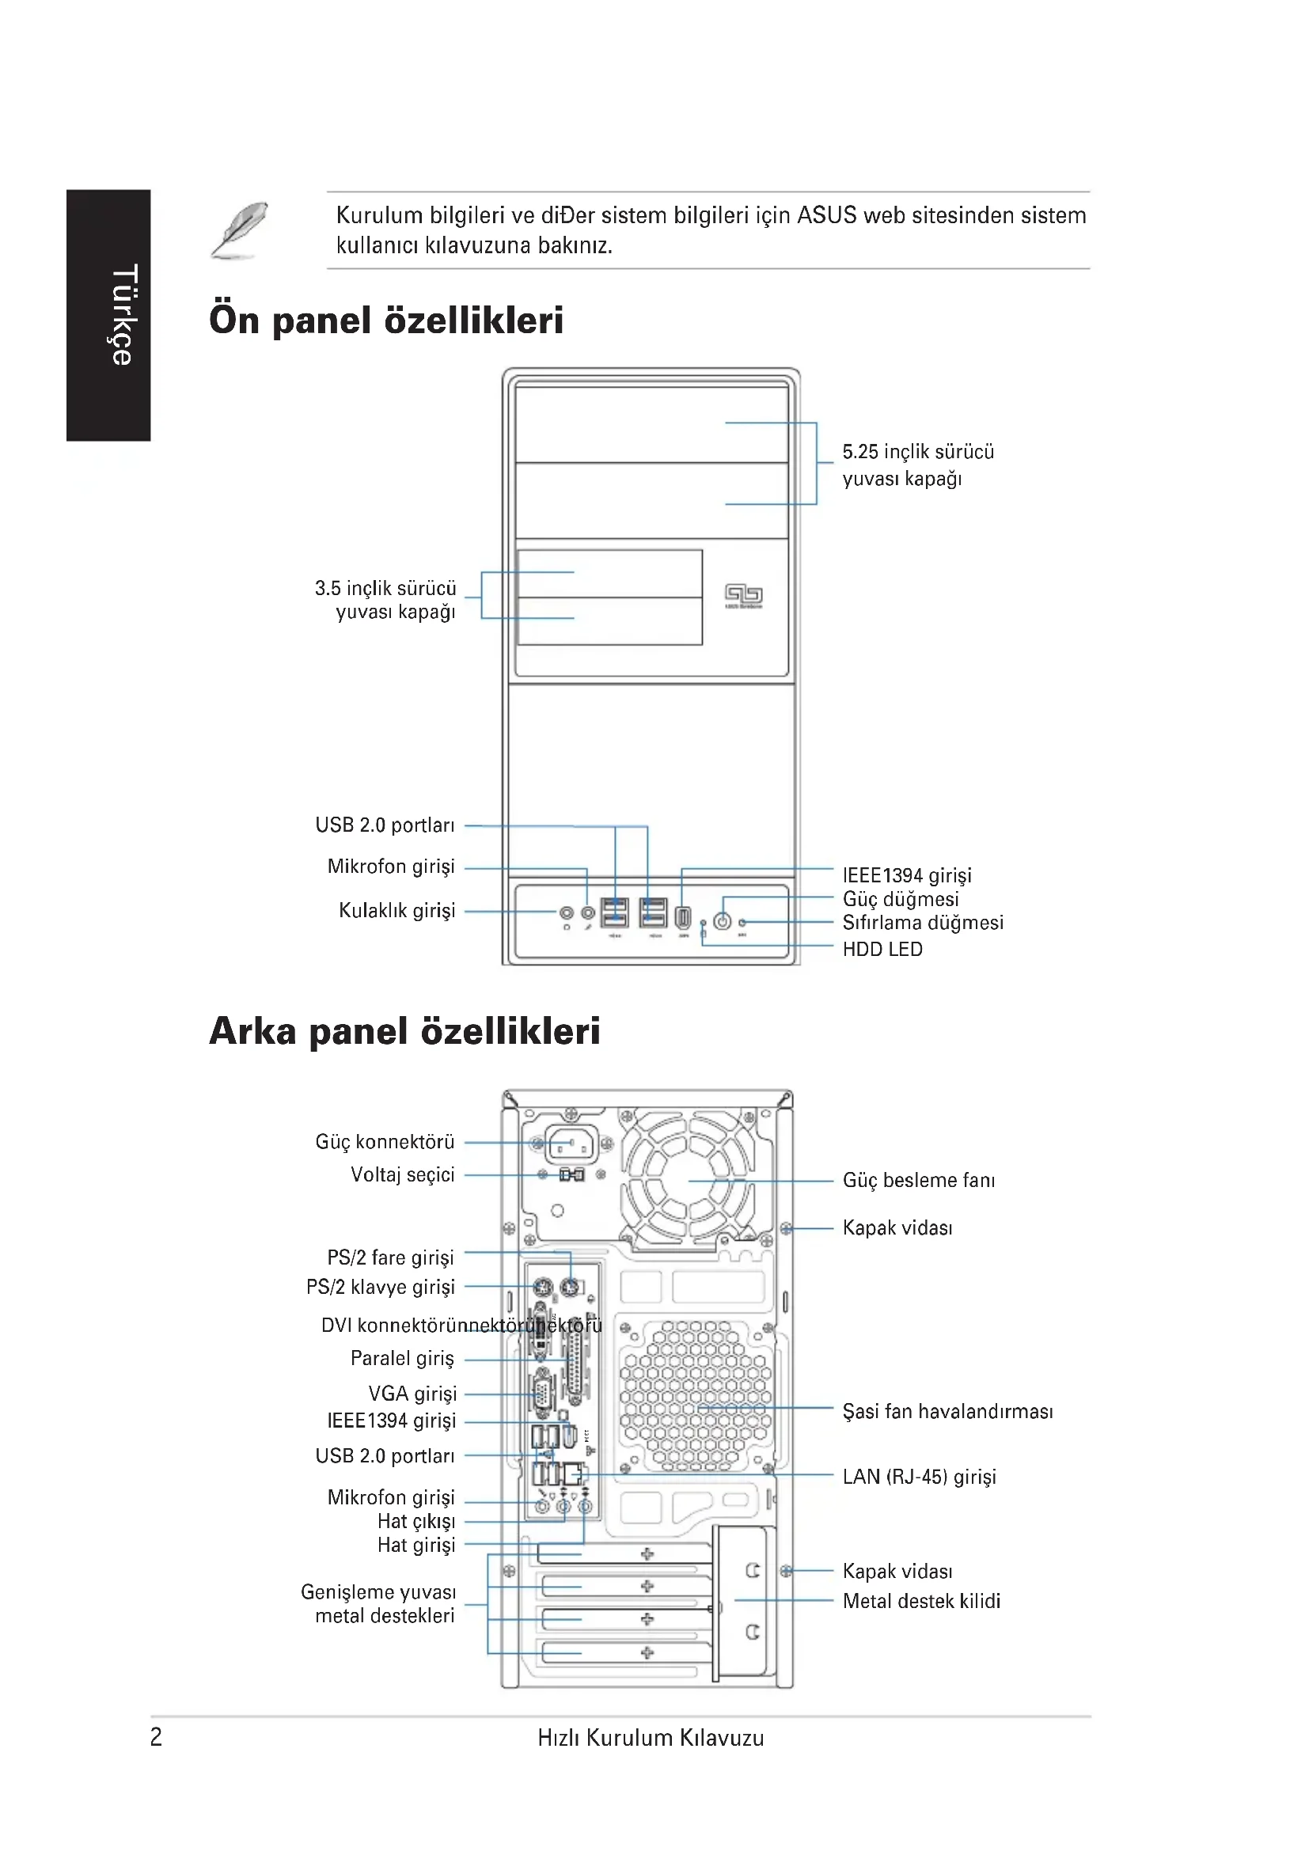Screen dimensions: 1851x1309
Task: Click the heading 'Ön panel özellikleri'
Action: (x=386, y=320)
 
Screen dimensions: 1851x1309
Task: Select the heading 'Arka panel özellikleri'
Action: (x=404, y=1031)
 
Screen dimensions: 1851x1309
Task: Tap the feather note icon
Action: (x=238, y=230)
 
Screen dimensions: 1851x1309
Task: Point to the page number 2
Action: (x=157, y=1736)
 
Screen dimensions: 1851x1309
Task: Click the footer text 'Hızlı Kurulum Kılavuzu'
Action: (x=651, y=1737)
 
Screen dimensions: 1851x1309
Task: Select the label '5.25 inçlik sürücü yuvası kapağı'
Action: (x=917, y=465)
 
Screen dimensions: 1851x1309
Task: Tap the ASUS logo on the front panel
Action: (x=743, y=595)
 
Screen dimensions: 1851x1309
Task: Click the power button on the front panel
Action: (x=723, y=920)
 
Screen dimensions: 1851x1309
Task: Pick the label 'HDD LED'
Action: (x=882, y=949)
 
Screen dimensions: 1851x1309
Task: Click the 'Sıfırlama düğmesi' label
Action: (x=922, y=922)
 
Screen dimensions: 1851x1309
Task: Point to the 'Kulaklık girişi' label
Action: (x=396, y=910)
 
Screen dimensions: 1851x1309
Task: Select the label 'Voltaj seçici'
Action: (x=402, y=1174)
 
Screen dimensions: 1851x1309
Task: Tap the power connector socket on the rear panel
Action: (x=571, y=1144)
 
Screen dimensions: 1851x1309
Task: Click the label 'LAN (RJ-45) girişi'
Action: (x=919, y=1476)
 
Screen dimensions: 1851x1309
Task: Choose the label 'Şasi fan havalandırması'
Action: (x=947, y=1411)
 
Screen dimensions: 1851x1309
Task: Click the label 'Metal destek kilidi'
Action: (x=920, y=1600)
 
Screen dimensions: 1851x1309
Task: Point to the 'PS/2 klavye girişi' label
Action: (x=380, y=1287)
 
